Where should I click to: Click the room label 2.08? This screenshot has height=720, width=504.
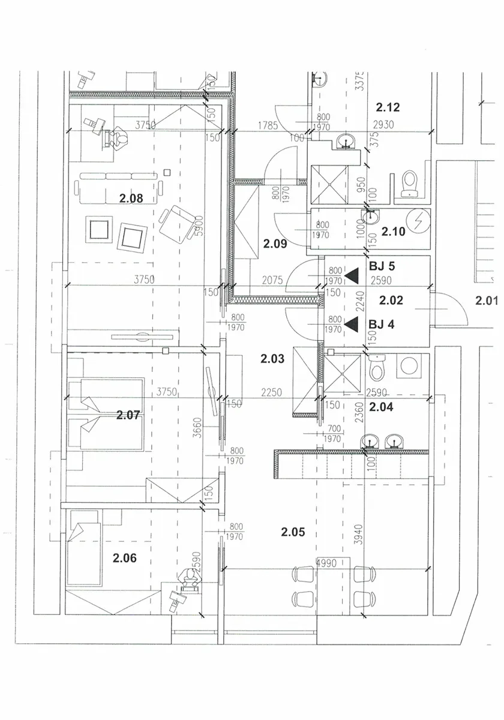click(131, 199)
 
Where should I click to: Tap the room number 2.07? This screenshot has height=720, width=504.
click(128, 415)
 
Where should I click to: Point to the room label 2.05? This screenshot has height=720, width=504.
click(293, 532)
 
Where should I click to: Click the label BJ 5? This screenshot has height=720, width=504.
click(382, 266)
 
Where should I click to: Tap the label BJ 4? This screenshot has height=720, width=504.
click(381, 325)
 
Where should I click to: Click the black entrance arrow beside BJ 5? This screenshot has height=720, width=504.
click(352, 276)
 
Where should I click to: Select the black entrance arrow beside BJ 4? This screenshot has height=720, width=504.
click(352, 323)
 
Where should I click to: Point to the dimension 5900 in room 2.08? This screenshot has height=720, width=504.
click(199, 226)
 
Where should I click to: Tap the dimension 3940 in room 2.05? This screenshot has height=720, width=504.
click(359, 534)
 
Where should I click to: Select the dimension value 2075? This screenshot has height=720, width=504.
click(272, 281)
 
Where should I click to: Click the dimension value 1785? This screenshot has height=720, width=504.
click(268, 125)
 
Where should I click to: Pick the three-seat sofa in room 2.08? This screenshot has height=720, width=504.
click(119, 188)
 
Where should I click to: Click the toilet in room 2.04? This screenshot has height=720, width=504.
click(376, 368)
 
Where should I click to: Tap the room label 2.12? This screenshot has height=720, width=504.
click(388, 107)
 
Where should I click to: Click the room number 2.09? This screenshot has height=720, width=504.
click(275, 244)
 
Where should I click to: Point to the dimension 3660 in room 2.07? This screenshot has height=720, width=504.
click(199, 427)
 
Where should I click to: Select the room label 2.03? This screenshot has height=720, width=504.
click(272, 359)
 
